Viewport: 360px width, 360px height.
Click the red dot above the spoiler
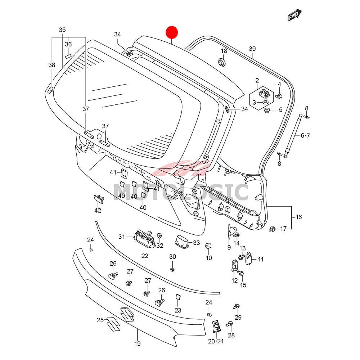(171, 32)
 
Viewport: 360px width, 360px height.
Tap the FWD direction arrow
(294, 15)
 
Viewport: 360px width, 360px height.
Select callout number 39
(252, 49)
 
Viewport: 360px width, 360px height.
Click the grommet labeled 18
(222, 63)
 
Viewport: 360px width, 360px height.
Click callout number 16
(299, 217)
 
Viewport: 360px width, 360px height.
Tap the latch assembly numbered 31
(143, 238)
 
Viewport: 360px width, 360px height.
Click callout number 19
(137, 344)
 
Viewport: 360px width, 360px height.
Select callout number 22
(145, 256)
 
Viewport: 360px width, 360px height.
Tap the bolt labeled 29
(236, 307)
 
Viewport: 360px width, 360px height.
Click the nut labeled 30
(172, 269)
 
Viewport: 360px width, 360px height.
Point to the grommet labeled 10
(208, 246)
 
